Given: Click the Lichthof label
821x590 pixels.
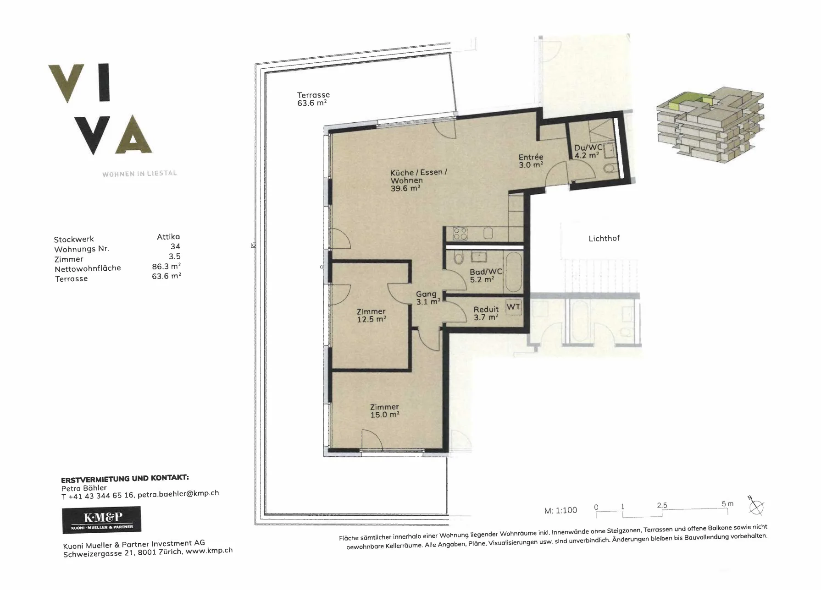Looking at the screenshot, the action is pyautogui.click(x=604, y=238).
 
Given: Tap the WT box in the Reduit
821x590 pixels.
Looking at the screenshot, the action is pyautogui.click(x=513, y=307).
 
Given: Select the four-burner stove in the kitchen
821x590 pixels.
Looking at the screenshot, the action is pyautogui.click(x=460, y=234).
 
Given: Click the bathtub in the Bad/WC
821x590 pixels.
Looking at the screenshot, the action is pyautogui.click(x=512, y=272).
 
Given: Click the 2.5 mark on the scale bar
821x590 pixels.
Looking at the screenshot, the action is pyautogui.click(x=661, y=505).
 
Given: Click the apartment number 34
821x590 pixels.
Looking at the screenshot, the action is pyautogui.click(x=175, y=246).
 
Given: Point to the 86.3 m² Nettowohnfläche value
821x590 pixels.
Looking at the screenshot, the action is pyautogui.click(x=166, y=266).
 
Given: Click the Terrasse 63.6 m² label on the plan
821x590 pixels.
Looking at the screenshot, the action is pyautogui.click(x=313, y=99).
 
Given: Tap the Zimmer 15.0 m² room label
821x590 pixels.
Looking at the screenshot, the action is pyautogui.click(x=384, y=410).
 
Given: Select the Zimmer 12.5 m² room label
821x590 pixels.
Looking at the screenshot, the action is pyautogui.click(x=371, y=315).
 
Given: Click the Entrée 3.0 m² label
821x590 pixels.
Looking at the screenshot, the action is pyautogui.click(x=531, y=161).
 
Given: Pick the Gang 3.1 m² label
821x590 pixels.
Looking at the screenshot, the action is pyautogui.click(x=428, y=298).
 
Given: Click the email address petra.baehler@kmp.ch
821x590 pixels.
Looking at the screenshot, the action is pyautogui.click(x=178, y=494).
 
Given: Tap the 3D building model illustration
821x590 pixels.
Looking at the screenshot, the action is pyautogui.click(x=710, y=124).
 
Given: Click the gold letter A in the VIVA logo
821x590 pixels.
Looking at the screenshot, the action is pyautogui.click(x=133, y=134).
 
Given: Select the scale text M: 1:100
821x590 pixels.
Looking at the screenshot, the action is pyautogui.click(x=560, y=510).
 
